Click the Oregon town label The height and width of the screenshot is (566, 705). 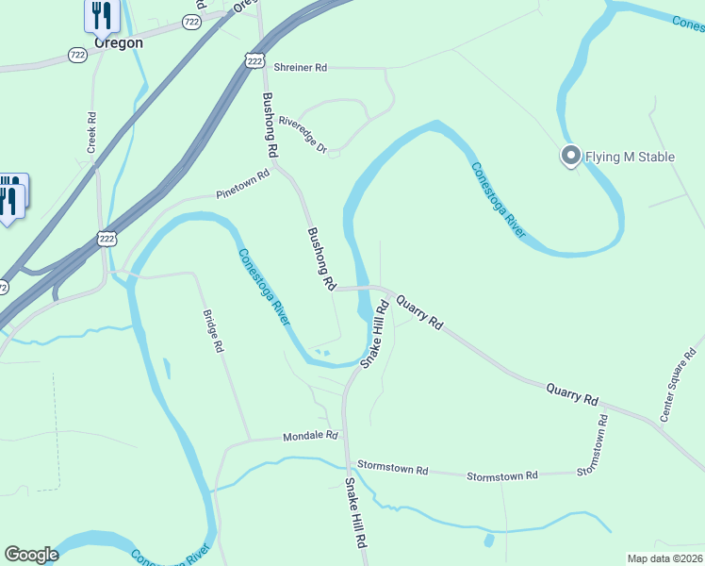(118, 42)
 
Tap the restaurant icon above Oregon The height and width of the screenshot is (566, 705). (101, 15)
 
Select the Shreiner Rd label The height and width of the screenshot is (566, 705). (300, 68)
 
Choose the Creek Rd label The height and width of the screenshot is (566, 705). (92, 133)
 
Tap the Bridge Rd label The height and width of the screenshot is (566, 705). (213, 331)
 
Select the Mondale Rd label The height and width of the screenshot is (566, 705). (310, 436)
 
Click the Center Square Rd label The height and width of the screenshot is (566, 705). (679, 386)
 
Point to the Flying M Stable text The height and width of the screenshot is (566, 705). (631, 157)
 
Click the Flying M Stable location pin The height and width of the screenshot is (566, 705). (570, 155)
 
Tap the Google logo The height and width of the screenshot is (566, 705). (31, 555)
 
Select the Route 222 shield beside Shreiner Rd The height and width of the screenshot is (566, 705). (254, 60)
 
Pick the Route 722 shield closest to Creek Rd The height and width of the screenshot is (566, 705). (79, 56)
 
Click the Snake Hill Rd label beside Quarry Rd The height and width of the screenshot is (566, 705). (374, 334)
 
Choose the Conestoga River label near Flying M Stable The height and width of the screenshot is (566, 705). (498, 200)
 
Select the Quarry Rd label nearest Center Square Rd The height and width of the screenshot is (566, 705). (572, 393)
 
